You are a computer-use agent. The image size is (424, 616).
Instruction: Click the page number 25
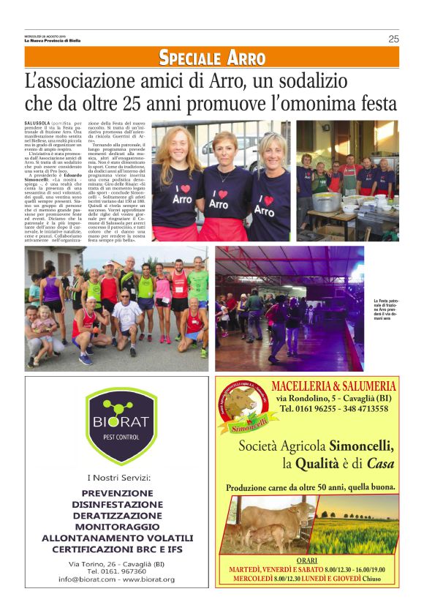[393, 39]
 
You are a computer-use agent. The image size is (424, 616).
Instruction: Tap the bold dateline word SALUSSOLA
[37, 123]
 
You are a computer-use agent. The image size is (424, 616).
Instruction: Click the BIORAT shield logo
[121, 427]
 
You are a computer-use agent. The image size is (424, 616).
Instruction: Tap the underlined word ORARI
[307, 560]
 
